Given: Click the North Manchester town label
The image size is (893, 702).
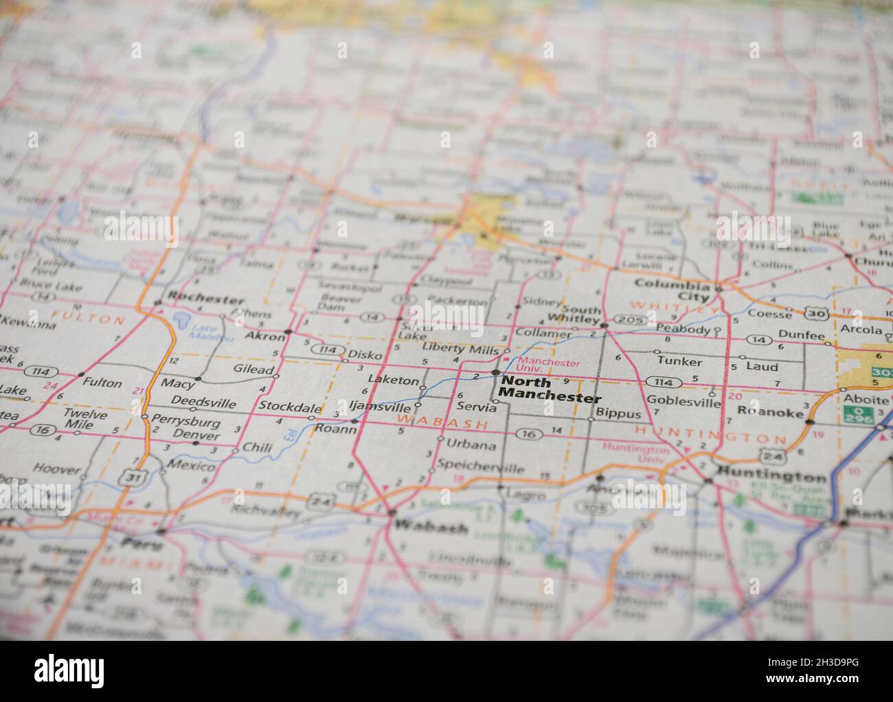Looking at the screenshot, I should tap(550, 389).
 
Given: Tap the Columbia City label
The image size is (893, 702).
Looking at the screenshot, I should tap(672, 291).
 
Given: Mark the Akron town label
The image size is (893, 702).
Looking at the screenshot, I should tap(264, 337).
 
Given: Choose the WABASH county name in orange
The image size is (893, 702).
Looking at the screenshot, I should tap(442, 424).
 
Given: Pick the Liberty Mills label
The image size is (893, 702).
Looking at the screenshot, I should tap(460, 348).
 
